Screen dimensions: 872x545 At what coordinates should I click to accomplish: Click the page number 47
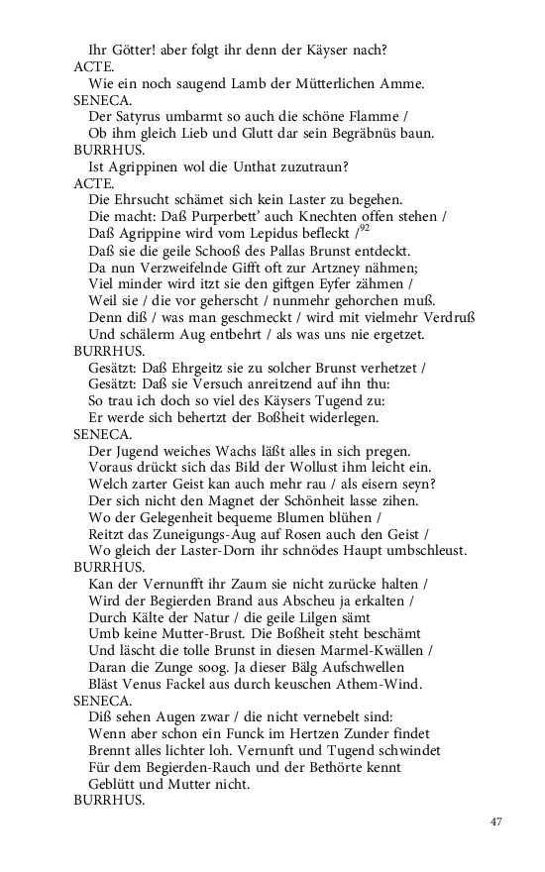coord(497,821)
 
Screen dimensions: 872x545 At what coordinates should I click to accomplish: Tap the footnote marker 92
coord(365,228)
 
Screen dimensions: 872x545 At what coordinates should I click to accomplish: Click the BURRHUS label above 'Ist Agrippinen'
coord(109,151)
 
